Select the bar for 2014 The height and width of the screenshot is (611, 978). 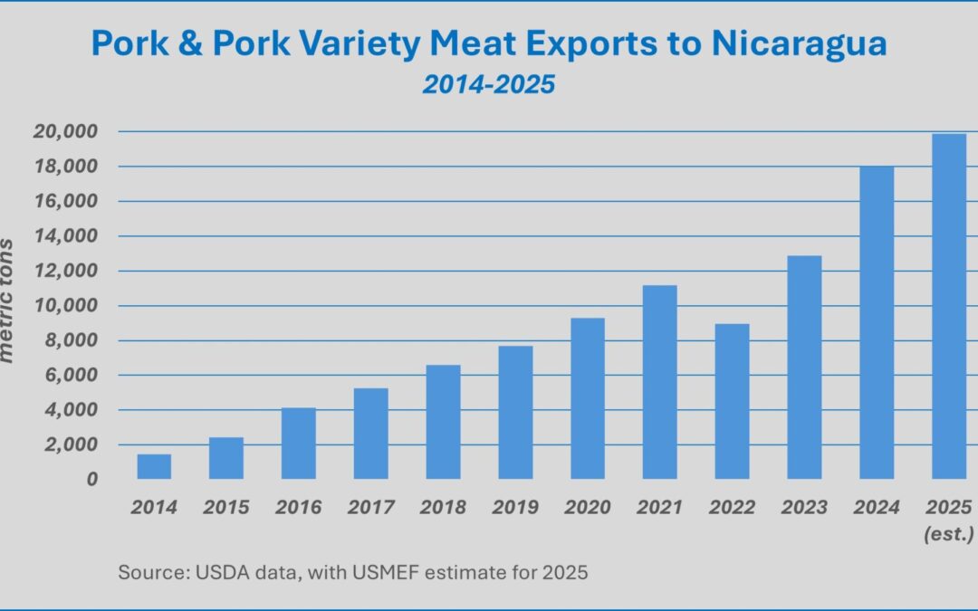coord(154,466)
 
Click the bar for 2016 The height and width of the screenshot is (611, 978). coord(298,444)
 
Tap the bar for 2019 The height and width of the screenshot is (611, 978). coord(515,413)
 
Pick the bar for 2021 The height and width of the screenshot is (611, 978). coord(659,382)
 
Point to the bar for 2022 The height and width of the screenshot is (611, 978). coord(732,401)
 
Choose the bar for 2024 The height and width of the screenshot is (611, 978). coord(877,322)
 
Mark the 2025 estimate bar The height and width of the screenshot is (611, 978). coord(948,306)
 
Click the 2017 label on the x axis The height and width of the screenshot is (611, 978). coord(370,508)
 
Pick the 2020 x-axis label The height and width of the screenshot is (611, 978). coord(587,508)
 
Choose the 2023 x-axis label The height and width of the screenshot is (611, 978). coord(804,508)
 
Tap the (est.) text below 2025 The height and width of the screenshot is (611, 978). coord(948,534)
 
